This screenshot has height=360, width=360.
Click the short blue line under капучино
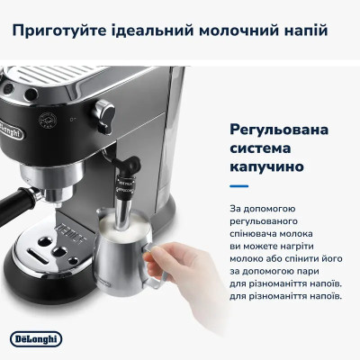[x=238, y=187]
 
